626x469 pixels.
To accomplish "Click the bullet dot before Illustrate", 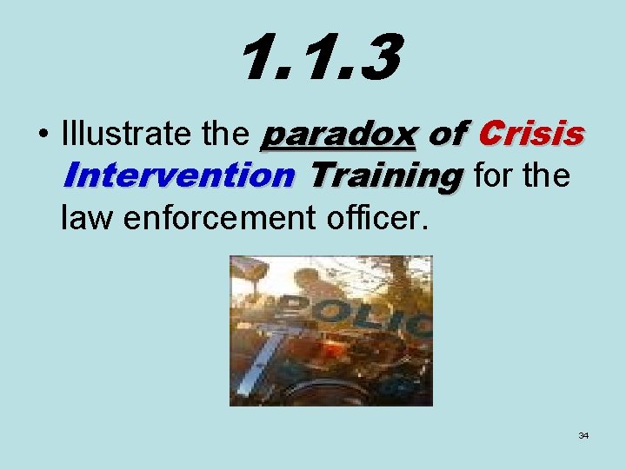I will [x=42, y=135].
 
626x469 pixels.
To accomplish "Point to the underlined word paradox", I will [x=339, y=135].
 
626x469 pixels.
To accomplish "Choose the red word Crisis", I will [x=530, y=135].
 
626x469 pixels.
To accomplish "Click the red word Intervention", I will [x=177, y=177].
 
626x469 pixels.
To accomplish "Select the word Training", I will [x=385, y=177].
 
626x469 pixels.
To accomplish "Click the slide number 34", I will [x=583, y=435].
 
